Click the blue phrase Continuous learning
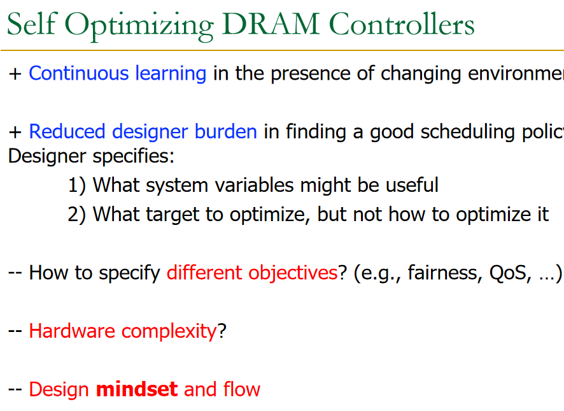coord(118,74)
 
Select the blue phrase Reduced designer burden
coord(143,132)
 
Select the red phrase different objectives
coord(251,273)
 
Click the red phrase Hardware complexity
coord(123,331)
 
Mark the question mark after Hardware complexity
coord(222,331)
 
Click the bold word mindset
coord(136,389)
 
